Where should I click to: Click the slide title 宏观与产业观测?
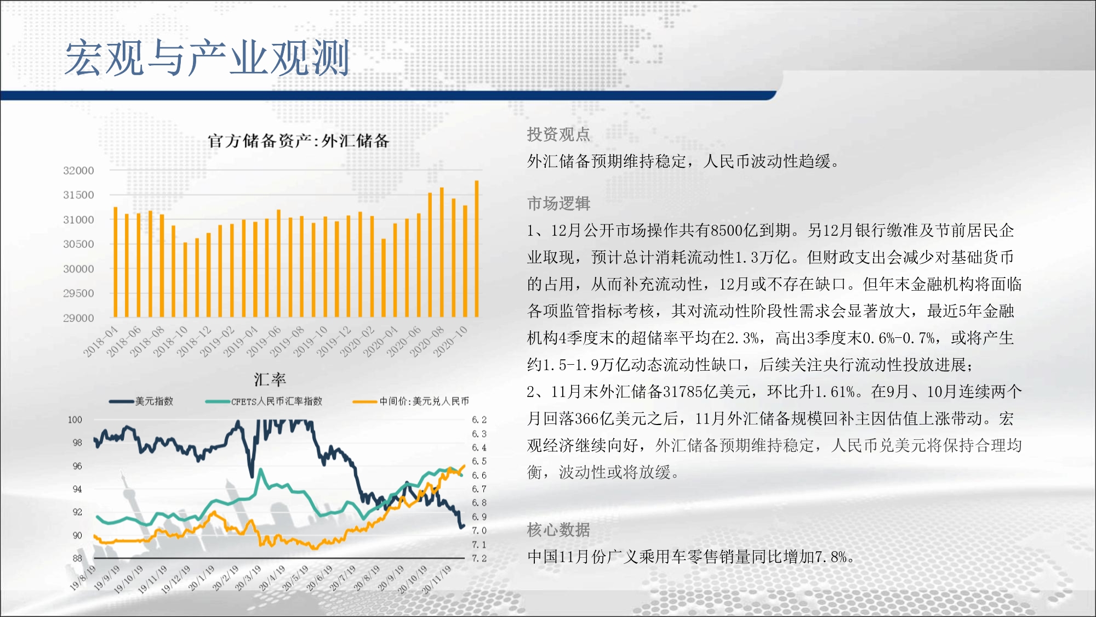tap(207, 58)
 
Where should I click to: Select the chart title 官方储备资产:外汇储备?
tap(299, 141)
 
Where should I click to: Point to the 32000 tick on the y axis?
tap(78, 171)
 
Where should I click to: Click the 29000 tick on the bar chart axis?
tap(78, 318)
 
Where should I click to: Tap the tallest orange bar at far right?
tap(476, 248)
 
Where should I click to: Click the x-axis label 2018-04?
tap(101, 342)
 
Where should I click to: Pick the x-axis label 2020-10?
tap(450, 342)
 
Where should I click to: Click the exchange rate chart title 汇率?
tap(270, 379)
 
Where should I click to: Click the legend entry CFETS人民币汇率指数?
tap(264, 401)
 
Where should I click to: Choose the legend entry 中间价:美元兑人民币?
tap(411, 401)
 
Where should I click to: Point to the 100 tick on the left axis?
tap(75, 420)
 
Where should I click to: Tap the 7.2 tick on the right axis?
tap(479, 558)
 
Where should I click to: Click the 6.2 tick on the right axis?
tap(479, 420)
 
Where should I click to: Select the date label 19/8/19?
tap(83, 578)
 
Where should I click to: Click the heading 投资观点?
tap(558, 134)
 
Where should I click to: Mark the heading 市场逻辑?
tap(558, 203)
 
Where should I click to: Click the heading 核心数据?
tap(558, 530)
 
